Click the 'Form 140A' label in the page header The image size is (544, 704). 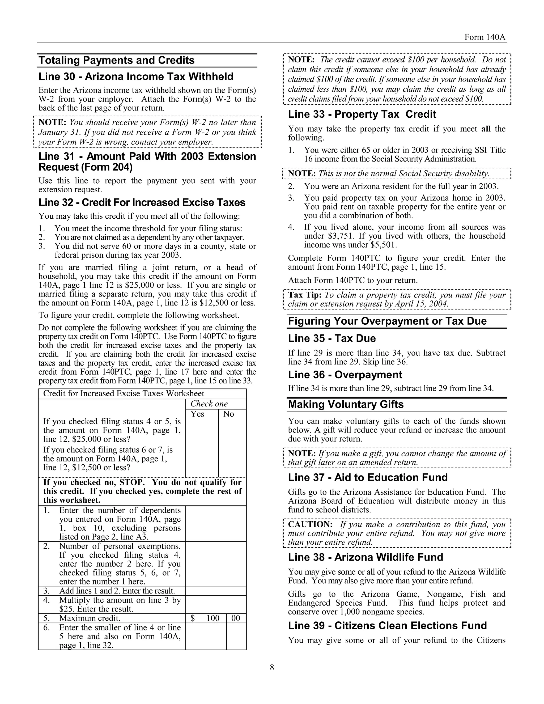pyautogui.click(x=485, y=37)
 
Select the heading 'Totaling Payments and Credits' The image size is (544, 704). pyautogui.click(x=116, y=60)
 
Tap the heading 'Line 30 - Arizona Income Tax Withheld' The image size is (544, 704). pyautogui.click(x=136, y=77)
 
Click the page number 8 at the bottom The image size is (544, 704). pyautogui.click(x=272, y=667)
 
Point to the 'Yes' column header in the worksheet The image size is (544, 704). pyautogui.click(x=197, y=414)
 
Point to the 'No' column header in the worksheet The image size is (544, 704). pyautogui.click(x=228, y=414)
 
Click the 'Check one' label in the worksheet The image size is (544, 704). pyautogui.click(x=209, y=404)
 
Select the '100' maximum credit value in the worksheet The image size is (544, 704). pyautogui.click(x=213, y=618)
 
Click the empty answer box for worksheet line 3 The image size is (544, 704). pyautogui.click(x=216, y=591)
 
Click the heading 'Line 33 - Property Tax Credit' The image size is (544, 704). pyautogui.click(x=362, y=114)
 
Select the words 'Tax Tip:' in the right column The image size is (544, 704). pyautogui.click(x=305, y=295)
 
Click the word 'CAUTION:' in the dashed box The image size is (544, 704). pyautogui.click(x=310, y=524)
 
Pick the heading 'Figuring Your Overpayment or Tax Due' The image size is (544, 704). pyautogui.click(x=387, y=321)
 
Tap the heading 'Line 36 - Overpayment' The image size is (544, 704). pyautogui.click(x=345, y=375)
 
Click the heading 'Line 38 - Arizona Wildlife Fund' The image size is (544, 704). pyautogui.click(x=365, y=557)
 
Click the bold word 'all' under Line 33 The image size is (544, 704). pyautogui.click(x=486, y=129)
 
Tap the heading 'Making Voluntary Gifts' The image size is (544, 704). pyautogui.click(x=346, y=404)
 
